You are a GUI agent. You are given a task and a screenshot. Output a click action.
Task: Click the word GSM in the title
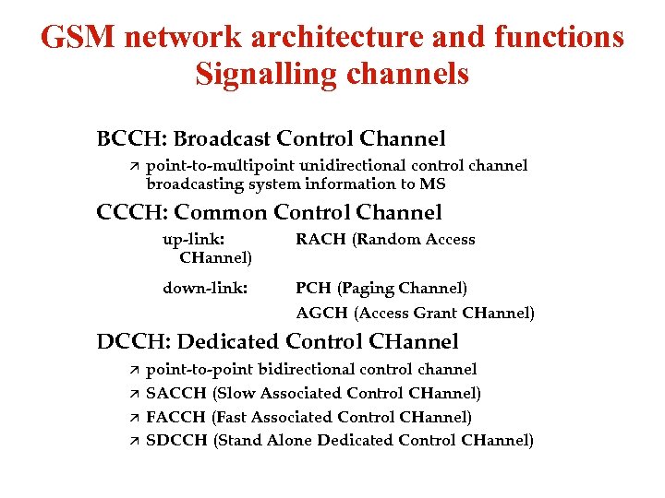(78, 38)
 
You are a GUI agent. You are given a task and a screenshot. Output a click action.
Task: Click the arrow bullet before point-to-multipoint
(133, 166)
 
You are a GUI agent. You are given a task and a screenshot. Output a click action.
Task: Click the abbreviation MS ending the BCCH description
(432, 184)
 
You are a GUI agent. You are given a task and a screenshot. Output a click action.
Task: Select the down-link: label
(205, 288)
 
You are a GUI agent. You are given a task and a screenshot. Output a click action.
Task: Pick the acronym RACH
(317, 240)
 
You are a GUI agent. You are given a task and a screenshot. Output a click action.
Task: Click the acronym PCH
(312, 288)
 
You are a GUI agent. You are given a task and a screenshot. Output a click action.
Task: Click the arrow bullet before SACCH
(133, 394)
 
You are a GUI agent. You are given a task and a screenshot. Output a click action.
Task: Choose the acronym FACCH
(176, 417)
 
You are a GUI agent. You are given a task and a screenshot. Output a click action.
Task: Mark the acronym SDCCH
(177, 440)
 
